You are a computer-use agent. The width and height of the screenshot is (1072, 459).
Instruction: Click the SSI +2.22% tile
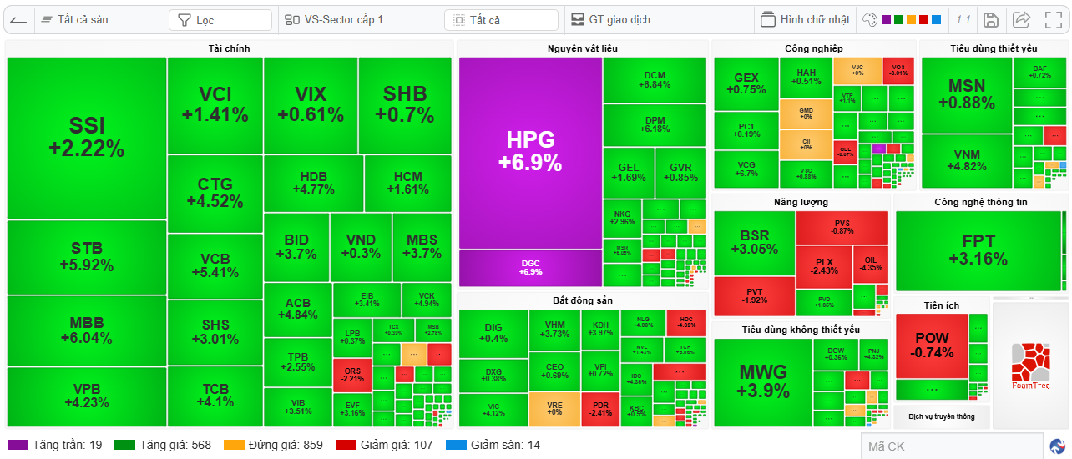(x=87, y=138)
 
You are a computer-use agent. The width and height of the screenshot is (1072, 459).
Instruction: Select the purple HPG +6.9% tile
(x=530, y=152)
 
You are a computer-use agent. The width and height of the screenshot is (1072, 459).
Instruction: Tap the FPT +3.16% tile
(x=978, y=250)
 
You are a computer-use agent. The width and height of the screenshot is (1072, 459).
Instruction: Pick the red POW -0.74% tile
(x=932, y=346)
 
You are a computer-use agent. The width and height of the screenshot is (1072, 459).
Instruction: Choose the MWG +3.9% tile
(x=763, y=381)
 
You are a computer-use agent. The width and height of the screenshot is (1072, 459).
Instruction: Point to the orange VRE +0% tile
(x=554, y=408)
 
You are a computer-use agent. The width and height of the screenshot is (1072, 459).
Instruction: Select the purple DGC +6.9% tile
(x=530, y=267)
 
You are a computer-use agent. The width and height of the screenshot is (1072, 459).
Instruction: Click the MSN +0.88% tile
(x=966, y=94)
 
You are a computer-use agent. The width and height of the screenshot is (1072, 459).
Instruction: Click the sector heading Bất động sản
(x=582, y=300)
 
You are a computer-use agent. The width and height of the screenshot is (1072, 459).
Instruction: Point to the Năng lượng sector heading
(x=800, y=202)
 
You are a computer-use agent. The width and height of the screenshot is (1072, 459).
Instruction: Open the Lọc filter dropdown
(x=220, y=20)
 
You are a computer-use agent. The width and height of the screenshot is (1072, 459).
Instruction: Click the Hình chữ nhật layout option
(x=806, y=20)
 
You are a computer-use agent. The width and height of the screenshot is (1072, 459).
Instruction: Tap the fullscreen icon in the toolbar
(x=1054, y=20)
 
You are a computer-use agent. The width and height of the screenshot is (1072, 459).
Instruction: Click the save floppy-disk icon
(x=991, y=20)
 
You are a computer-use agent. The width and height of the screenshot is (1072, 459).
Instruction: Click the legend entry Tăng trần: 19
(x=56, y=445)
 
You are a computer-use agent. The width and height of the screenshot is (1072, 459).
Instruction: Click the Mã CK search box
(x=952, y=446)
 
